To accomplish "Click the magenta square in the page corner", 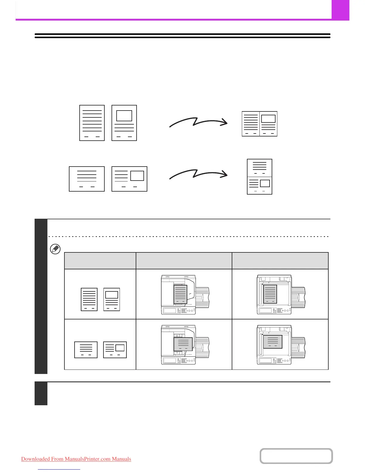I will (x=340, y=10).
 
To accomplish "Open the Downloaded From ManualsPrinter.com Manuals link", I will (x=76, y=459).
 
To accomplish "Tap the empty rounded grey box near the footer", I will (x=296, y=456).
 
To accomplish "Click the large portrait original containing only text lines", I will (x=92, y=123).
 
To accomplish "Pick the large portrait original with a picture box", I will (x=124, y=123).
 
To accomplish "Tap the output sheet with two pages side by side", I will (x=259, y=124).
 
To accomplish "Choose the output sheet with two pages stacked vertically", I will (x=259, y=177).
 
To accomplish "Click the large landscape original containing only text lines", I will (x=87, y=179).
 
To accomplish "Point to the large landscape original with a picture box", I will (x=129, y=179).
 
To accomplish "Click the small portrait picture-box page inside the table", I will (x=112, y=299).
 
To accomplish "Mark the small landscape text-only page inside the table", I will (x=86, y=350).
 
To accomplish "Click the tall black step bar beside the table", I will (x=41, y=296).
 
